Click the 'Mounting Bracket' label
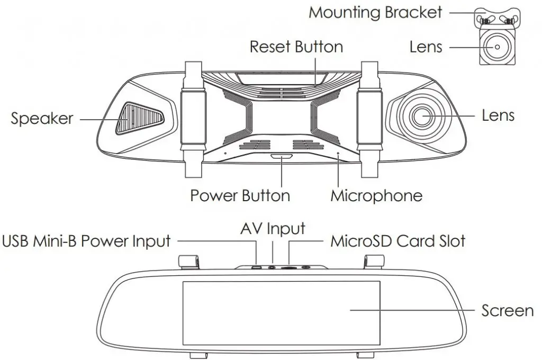(375, 12)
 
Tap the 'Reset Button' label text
(296, 47)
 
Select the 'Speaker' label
(42, 119)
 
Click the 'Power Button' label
(240, 196)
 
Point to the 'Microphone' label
(376, 196)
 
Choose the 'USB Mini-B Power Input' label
(87, 242)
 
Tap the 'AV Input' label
(273, 229)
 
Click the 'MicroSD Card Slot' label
(398, 242)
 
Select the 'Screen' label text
(507, 310)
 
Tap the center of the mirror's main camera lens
(422, 116)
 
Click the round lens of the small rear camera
(496, 47)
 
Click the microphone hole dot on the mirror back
(339, 154)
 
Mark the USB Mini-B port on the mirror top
(257, 267)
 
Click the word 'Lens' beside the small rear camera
(426, 47)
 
